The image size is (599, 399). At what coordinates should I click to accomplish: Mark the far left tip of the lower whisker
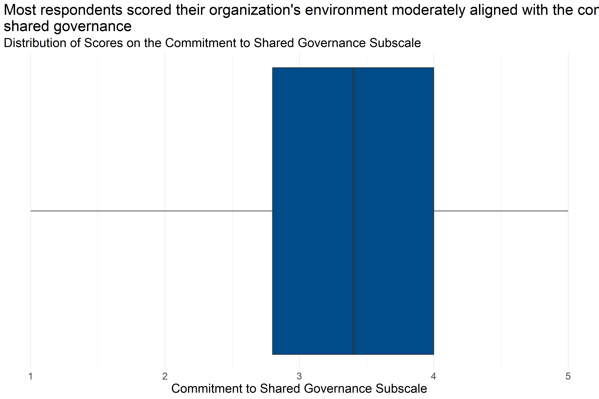pos(31,211)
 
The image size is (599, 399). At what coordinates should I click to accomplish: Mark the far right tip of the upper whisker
pos(568,211)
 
